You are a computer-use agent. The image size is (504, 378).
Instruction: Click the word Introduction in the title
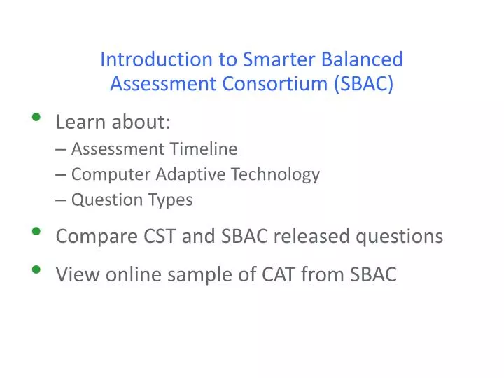(x=146, y=59)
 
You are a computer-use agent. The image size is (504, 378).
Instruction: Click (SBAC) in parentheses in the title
(x=364, y=84)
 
